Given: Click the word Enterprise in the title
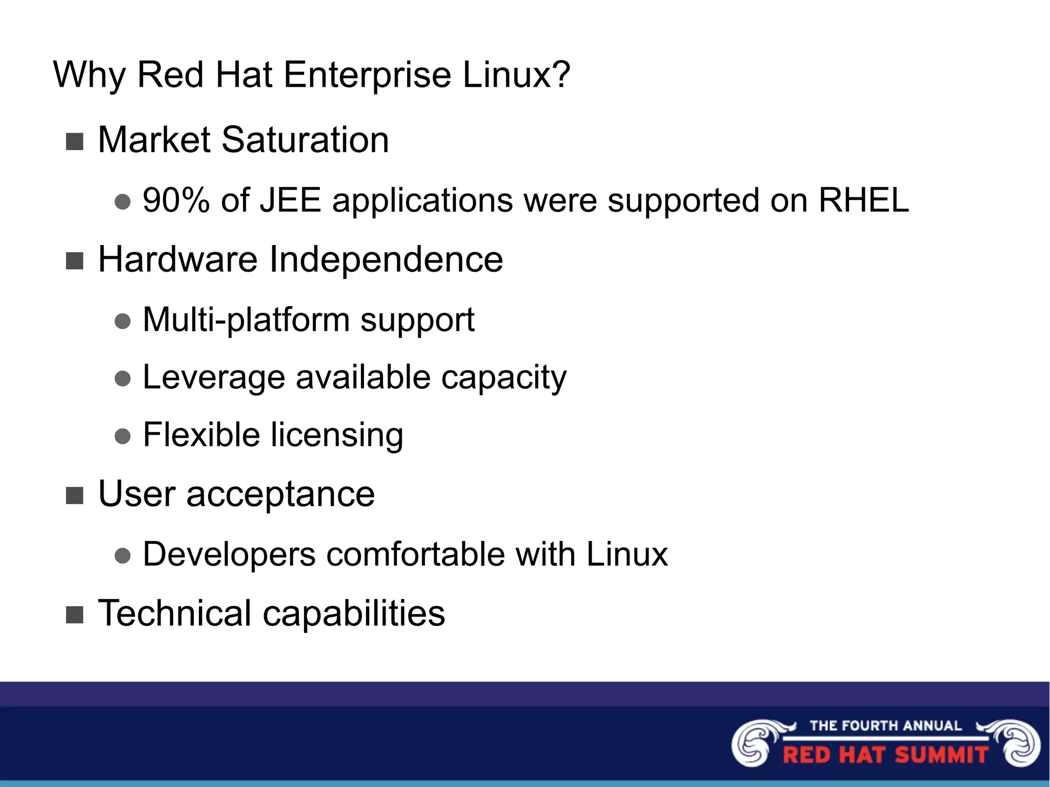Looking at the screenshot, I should (x=367, y=75).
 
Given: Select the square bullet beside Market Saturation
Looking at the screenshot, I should (x=75, y=142).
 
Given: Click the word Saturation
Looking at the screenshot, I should (x=305, y=140).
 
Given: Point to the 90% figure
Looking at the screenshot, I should (x=176, y=200).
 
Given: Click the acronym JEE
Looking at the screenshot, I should (x=290, y=200).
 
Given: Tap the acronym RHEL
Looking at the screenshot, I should (x=863, y=200).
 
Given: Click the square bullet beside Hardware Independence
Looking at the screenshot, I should (x=75, y=261).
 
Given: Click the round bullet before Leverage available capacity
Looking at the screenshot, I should (x=123, y=379).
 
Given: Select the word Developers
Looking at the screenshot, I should (x=229, y=555).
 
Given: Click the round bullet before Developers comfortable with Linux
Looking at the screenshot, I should (x=123, y=556).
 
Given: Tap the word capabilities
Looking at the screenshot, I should (x=354, y=614).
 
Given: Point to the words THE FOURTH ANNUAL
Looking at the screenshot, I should (x=885, y=725).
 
